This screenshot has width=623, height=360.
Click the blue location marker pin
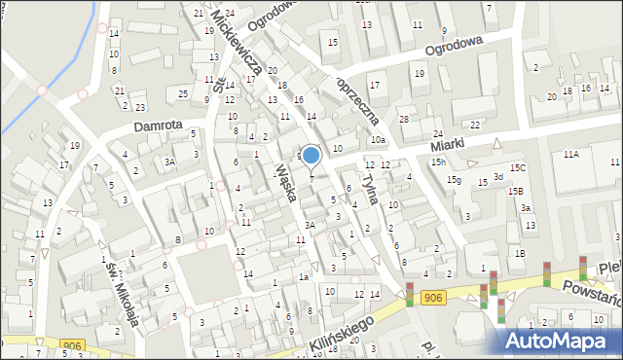(311, 156)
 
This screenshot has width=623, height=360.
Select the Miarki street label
(450, 144)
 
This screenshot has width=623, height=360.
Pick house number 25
(183, 93)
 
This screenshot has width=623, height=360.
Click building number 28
(403, 119)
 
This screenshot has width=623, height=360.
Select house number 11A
(571, 154)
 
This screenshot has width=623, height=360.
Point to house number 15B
(514, 191)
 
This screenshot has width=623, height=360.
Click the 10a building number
(378, 140)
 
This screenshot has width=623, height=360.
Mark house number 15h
(439, 162)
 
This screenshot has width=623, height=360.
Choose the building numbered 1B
(521, 253)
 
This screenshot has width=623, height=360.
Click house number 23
(140, 107)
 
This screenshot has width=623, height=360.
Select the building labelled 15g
(455, 180)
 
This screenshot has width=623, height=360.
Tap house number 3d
(497, 176)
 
